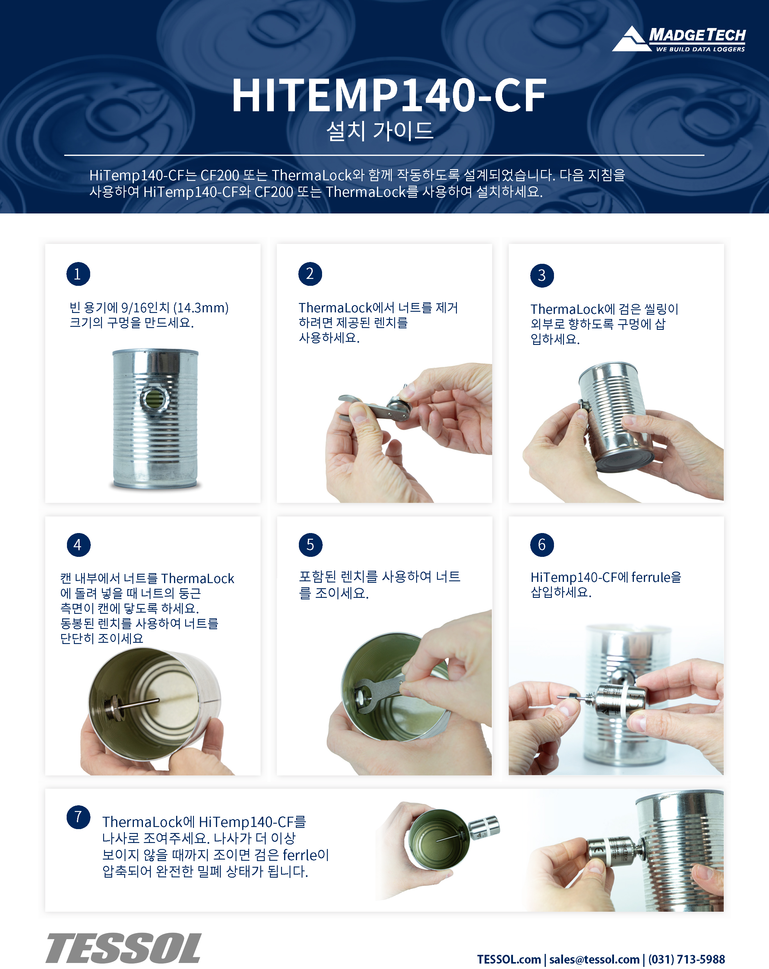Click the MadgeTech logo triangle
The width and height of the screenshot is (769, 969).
point(632,39)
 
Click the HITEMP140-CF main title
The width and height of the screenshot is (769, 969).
point(389,95)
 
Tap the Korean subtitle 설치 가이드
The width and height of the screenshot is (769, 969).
point(380,131)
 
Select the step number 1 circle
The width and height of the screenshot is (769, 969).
point(78,274)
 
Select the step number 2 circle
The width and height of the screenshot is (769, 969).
point(310,274)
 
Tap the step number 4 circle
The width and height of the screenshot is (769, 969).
point(79,545)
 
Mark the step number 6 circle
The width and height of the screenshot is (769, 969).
point(542,545)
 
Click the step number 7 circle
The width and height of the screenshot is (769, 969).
point(79,817)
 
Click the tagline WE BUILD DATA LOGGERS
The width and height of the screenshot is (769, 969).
point(700,49)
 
